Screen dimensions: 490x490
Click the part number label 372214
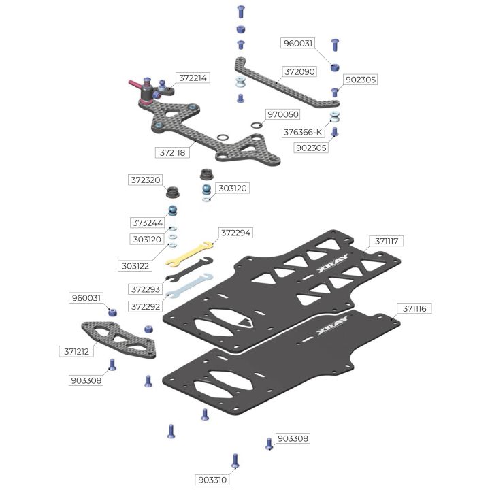click(x=193, y=78)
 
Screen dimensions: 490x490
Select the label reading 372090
click(x=299, y=71)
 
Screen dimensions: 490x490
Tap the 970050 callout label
click(x=283, y=116)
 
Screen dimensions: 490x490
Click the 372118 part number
click(x=172, y=153)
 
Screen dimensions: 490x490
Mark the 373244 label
click(x=148, y=223)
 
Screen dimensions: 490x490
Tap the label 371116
click(x=414, y=308)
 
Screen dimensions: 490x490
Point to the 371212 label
click(x=76, y=352)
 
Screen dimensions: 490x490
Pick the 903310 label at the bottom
click(x=213, y=479)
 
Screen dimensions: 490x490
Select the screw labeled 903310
click(x=235, y=461)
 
